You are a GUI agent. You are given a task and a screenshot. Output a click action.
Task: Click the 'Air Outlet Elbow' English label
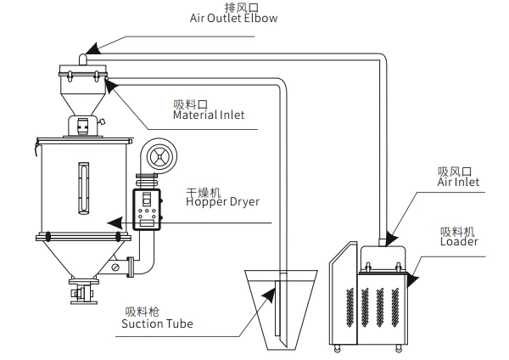(233, 18)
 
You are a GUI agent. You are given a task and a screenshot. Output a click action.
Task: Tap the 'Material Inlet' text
(209, 115)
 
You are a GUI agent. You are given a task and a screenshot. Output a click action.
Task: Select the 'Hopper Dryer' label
(222, 202)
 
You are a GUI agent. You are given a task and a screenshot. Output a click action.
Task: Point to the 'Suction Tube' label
(157, 323)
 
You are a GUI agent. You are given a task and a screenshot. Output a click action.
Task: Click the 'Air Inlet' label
(458, 182)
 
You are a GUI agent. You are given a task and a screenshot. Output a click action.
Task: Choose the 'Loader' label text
(459, 241)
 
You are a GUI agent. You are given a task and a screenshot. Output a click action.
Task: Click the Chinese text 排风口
(242, 8)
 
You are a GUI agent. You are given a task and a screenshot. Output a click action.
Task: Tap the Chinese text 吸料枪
(143, 312)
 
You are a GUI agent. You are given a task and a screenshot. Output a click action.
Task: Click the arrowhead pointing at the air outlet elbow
(92, 48)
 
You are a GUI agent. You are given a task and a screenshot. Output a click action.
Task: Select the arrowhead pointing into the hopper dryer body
(115, 223)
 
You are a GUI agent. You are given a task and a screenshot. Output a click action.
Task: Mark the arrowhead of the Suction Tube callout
(269, 295)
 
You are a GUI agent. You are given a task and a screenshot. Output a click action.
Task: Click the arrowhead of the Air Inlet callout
(392, 238)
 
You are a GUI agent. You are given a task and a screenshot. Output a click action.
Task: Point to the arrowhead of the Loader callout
(412, 279)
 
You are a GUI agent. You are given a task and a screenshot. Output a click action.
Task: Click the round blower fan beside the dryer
(159, 156)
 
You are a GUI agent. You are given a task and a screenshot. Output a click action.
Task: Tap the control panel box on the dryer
(147, 209)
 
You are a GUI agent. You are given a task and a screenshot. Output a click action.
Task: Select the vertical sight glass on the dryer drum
(84, 188)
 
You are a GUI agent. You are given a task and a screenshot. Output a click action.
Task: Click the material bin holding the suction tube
(281, 310)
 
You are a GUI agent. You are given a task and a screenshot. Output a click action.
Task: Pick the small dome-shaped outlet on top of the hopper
(83, 59)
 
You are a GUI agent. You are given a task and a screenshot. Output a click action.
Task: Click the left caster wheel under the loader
(338, 349)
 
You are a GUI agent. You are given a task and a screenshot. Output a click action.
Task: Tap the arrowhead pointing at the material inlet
(110, 86)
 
